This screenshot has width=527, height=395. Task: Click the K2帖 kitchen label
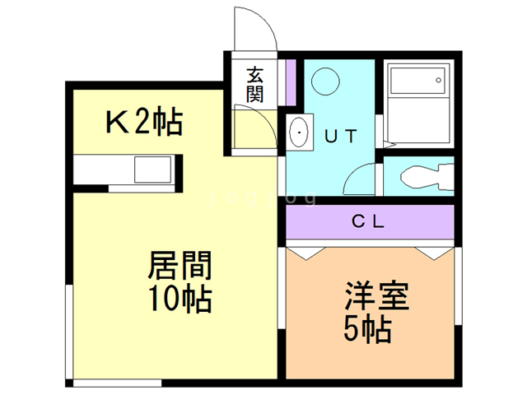(x=142, y=123)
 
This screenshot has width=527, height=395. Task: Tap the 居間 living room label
(x=180, y=266)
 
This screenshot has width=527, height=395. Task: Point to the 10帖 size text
(x=180, y=299)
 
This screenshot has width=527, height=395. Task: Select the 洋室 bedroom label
(x=378, y=297)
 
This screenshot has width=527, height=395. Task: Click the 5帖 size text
(x=366, y=330)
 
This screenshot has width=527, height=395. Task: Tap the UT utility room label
(x=339, y=137)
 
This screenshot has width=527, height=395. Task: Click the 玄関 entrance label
(x=254, y=84)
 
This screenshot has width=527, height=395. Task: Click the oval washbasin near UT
(x=299, y=132)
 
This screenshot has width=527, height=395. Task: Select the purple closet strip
(x=371, y=221)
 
